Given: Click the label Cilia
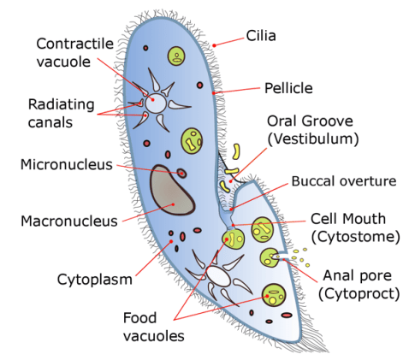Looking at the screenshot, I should coord(260,36).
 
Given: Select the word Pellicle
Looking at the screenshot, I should coord(287,87).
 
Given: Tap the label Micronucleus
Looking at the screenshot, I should coord(67,163).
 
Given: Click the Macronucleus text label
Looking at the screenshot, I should coord(68,221).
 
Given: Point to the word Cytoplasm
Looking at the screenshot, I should coord(93,278).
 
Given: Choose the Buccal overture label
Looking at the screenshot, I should coord(343,181).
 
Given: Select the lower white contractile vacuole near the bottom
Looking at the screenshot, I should coord(219,276).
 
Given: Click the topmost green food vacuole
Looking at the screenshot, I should coord(176,57).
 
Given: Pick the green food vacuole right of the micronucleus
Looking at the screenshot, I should coord(193,139).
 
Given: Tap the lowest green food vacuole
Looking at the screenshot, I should coord(274,296).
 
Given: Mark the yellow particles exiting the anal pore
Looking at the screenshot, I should coord(299,255).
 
